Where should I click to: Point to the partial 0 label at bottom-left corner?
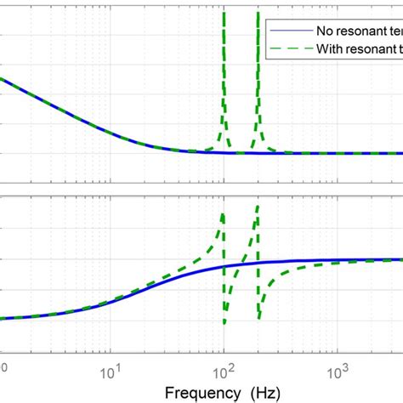[x=3, y=368]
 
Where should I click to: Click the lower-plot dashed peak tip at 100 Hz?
[x=224, y=213]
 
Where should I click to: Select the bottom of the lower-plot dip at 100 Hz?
[x=224, y=322]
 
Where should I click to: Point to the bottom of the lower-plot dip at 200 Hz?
[x=258, y=321]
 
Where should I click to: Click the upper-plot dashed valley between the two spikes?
[x=240, y=152]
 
